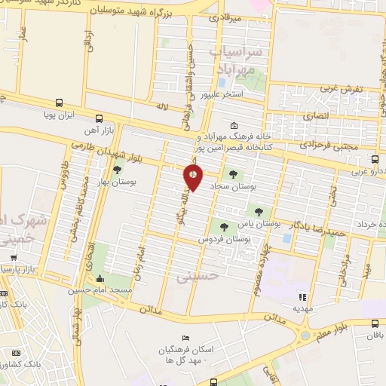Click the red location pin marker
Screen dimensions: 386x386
[193, 178]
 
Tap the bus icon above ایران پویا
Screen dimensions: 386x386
[60, 103]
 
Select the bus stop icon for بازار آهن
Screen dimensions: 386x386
[99, 118]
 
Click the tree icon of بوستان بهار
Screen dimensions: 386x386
[116, 170]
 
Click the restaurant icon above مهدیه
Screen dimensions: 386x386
[304, 296]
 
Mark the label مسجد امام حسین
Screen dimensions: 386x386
[109, 289]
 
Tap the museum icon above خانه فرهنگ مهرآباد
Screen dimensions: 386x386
[234, 125]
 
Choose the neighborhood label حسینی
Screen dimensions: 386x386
[197, 276]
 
